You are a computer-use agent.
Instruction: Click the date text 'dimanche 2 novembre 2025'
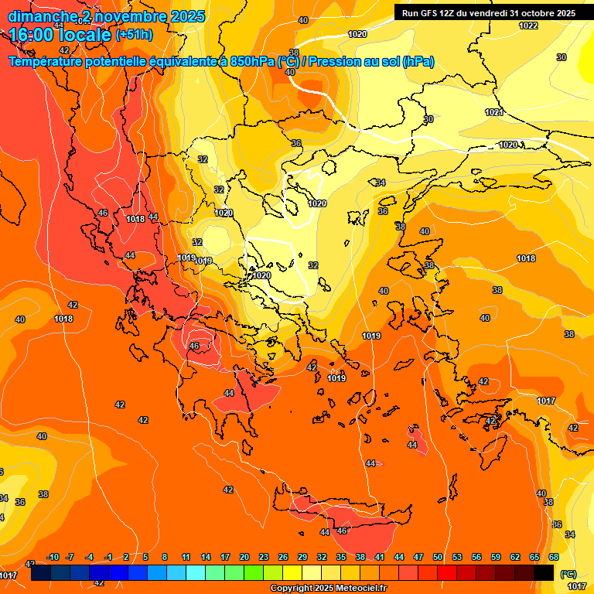pos(107,16)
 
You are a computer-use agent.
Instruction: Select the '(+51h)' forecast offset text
pos(134,35)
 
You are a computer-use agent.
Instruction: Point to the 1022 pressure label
pos(528,26)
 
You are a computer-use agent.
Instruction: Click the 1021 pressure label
pos(494,113)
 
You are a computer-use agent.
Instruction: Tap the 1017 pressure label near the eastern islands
pos(546,401)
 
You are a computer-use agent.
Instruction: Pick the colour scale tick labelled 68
pos(554,557)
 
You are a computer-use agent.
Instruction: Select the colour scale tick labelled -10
pos(53,557)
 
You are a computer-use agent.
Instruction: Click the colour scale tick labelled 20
pos(244,557)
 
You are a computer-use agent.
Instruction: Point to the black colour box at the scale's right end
pos(544,573)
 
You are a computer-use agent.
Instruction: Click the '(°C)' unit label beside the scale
pos(568,574)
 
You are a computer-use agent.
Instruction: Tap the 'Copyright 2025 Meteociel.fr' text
pos(329,589)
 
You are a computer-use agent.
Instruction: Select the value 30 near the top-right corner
pos(562,57)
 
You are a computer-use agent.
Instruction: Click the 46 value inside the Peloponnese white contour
pos(194,346)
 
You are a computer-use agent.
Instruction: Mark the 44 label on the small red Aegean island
pos(412,445)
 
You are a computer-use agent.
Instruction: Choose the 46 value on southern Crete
pos(342,531)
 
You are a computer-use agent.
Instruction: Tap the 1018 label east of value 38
pos(526,258)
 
